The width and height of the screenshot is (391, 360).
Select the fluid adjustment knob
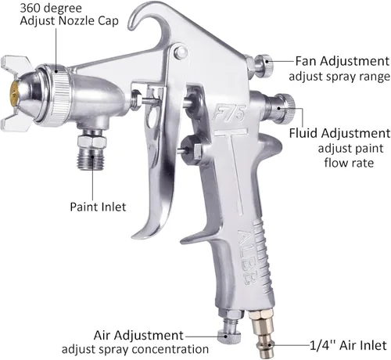(287, 107)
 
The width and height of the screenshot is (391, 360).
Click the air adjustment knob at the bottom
(229, 337)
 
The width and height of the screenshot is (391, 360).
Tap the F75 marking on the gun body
(229, 113)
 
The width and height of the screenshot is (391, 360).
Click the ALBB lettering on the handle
(247, 257)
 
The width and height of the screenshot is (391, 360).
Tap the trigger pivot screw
(181, 52)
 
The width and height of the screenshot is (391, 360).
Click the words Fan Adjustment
(343, 62)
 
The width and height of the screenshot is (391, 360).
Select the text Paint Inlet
(98, 207)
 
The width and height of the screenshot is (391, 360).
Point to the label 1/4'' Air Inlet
(348, 345)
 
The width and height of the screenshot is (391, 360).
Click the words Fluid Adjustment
(339, 133)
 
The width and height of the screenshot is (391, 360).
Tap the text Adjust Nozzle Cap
(69, 21)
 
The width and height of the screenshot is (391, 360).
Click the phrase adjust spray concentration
(135, 349)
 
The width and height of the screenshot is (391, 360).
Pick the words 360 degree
(51, 9)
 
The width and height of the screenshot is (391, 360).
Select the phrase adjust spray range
(339, 77)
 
